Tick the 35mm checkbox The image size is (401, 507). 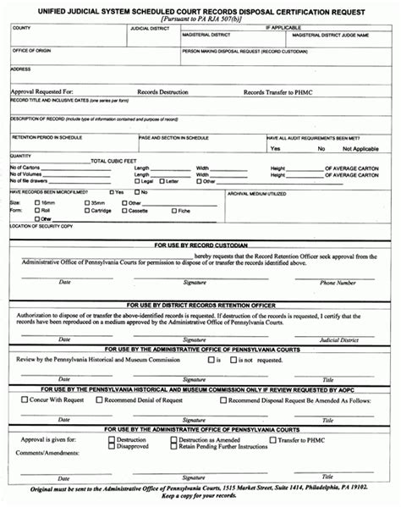tap(83, 203)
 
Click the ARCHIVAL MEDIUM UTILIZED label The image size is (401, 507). tap(258, 193)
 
